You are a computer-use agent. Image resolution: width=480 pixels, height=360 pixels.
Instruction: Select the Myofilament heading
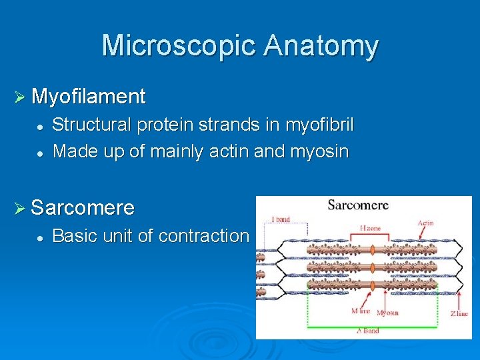88,97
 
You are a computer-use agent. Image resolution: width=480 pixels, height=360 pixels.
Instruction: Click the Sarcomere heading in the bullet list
83,207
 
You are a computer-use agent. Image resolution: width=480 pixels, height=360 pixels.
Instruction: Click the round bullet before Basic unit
40,237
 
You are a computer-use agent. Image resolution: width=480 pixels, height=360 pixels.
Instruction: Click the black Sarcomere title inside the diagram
358,205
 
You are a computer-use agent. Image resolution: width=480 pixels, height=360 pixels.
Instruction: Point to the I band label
281,219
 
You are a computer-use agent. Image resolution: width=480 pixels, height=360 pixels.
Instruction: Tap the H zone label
371,228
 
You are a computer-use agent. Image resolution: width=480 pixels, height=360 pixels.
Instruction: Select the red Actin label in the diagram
426,223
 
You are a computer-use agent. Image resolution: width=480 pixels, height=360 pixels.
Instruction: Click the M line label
361,311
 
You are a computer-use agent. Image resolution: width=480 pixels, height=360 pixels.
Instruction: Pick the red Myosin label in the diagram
387,313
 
